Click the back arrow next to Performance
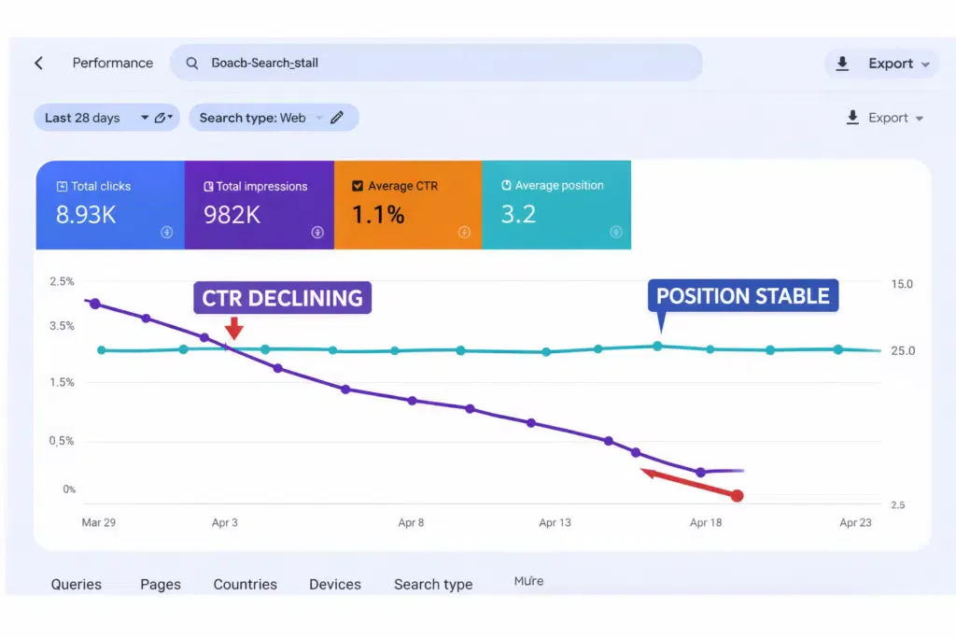[x=39, y=64]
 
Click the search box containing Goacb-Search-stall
[x=436, y=64]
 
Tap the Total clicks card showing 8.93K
[x=110, y=205]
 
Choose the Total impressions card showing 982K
[x=259, y=205]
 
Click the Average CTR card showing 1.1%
[x=407, y=205]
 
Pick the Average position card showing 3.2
[x=556, y=205]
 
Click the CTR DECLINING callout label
[x=282, y=298]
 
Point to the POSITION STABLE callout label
[x=743, y=296]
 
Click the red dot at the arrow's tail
[x=737, y=496]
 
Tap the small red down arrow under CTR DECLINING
[x=234, y=328]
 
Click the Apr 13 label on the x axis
[x=555, y=523]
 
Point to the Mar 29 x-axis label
[x=99, y=523]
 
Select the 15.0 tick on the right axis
[x=903, y=284]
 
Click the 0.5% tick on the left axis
[x=63, y=441]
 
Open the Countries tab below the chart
[x=245, y=585]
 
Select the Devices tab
[x=335, y=585]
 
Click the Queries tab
[x=77, y=585]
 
